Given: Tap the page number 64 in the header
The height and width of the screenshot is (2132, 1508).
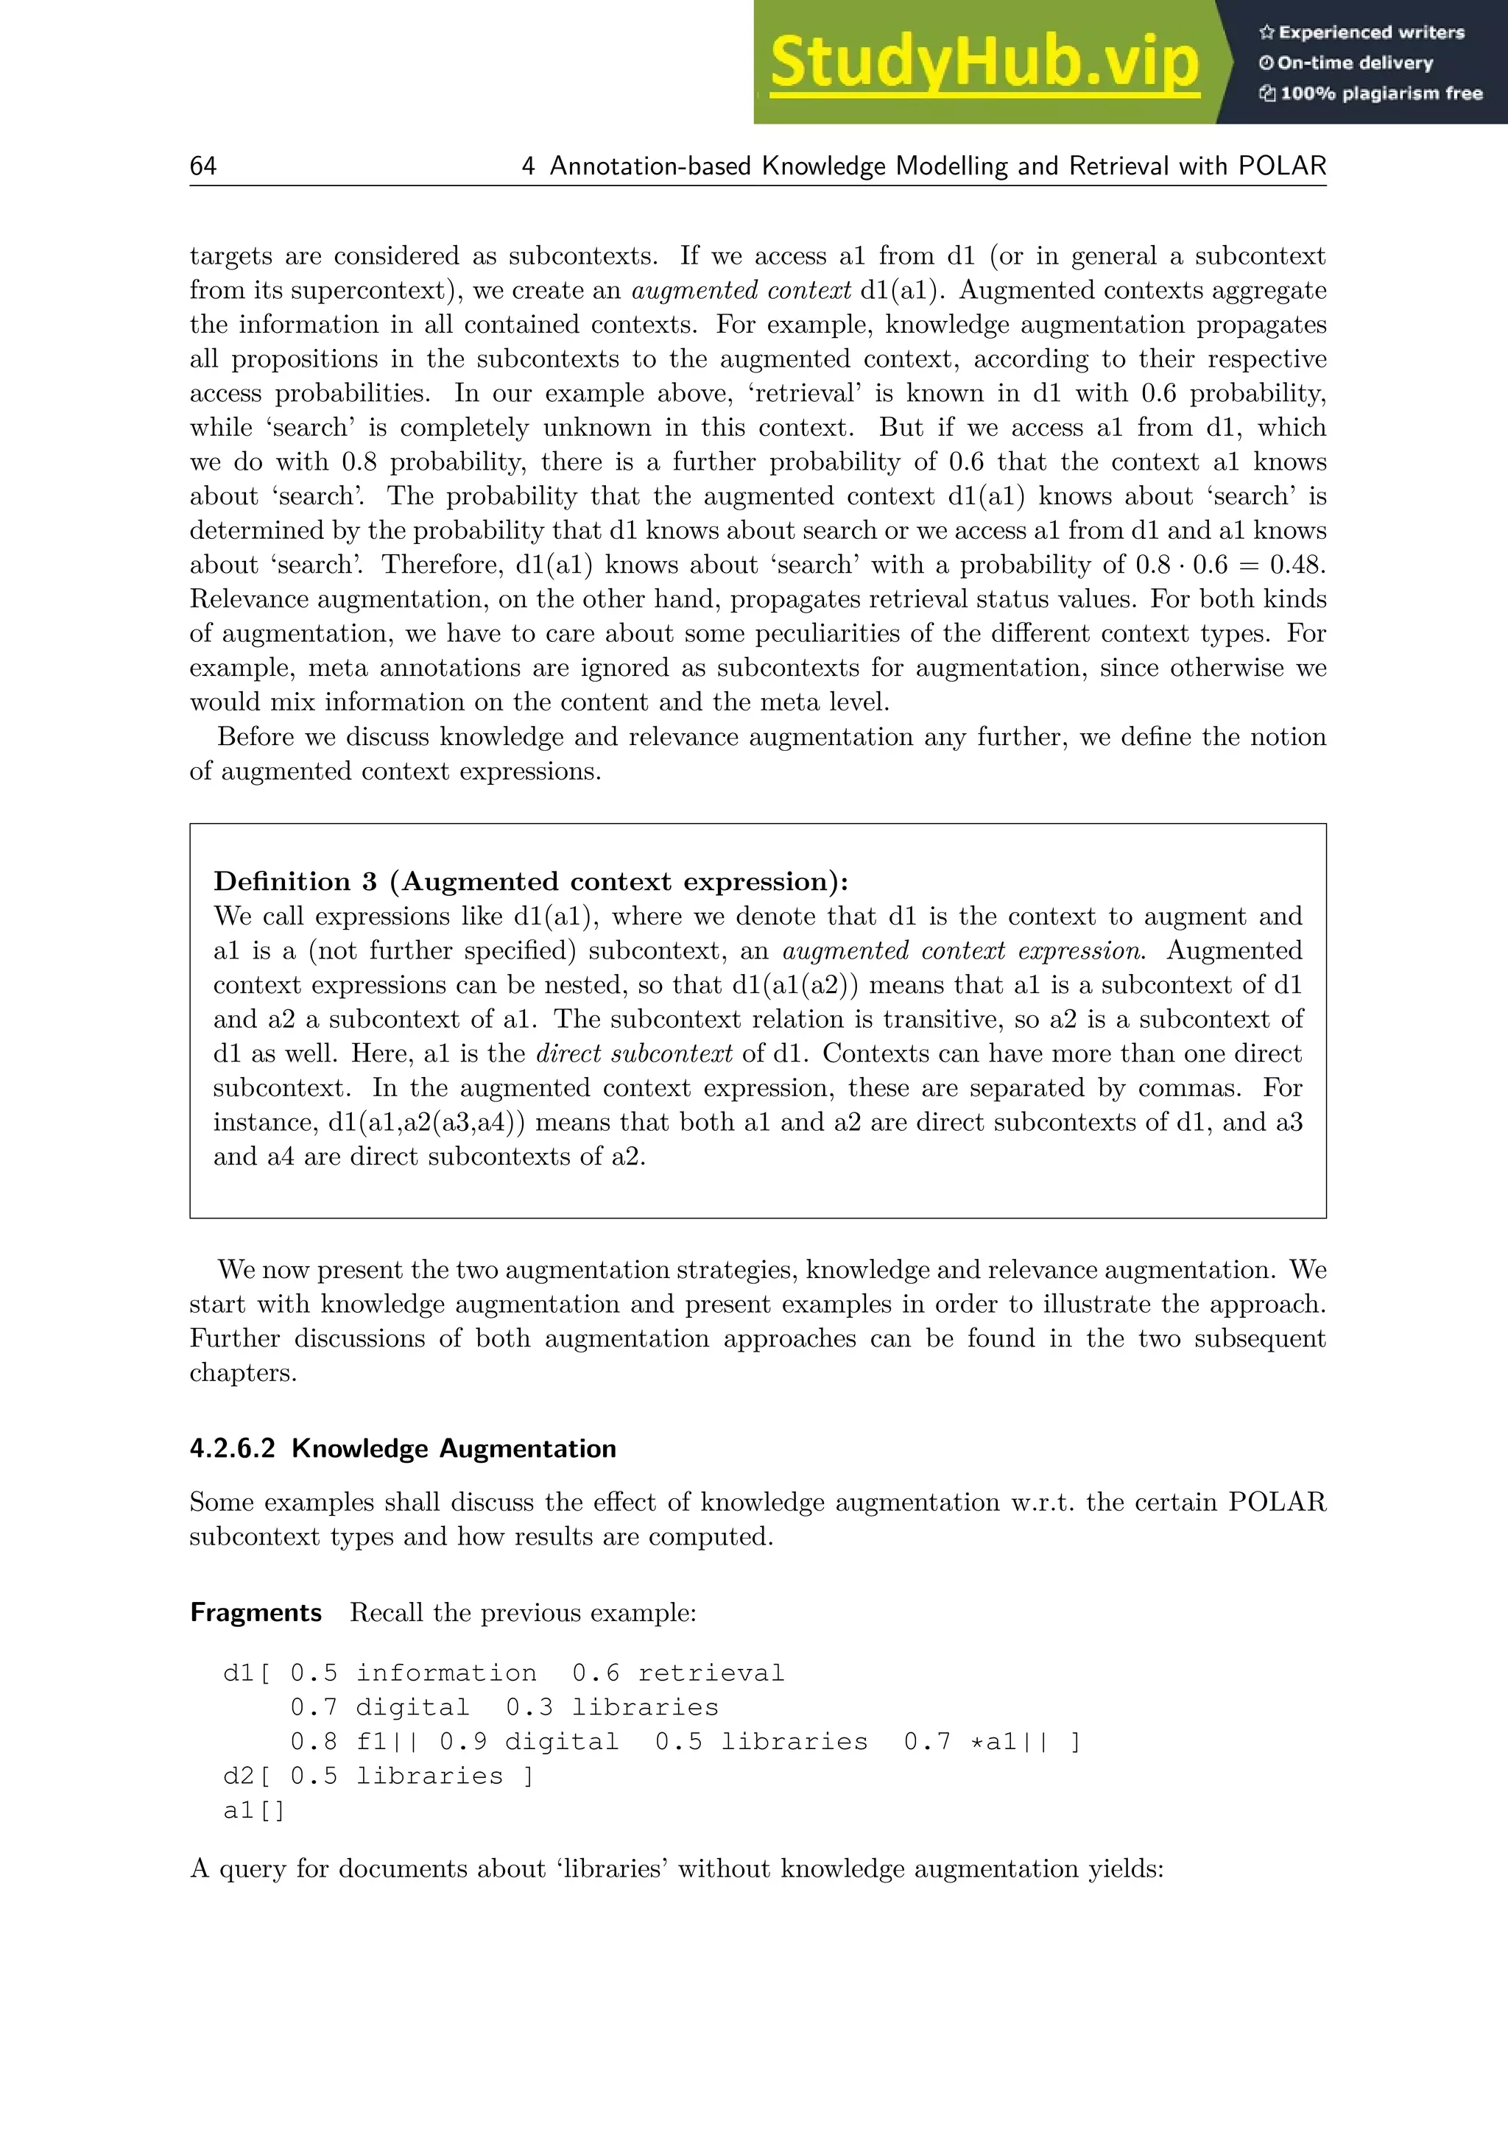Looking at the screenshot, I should click(202, 166).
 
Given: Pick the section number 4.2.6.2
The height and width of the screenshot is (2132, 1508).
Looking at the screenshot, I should click(232, 1449).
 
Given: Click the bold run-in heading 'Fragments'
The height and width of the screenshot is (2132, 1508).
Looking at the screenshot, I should click(256, 1613).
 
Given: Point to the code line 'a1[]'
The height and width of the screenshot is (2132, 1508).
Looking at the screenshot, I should click(253, 1811).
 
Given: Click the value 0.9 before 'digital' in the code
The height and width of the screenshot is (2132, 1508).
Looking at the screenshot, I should click(462, 1742).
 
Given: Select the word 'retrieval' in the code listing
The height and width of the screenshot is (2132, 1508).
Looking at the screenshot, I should click(711, 1673).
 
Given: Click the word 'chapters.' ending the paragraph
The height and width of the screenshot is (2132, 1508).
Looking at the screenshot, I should click(243, 1373).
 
